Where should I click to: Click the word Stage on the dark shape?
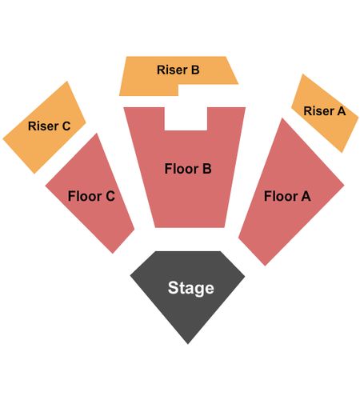tap(191, 288)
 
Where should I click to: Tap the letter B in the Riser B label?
tap(195, 70)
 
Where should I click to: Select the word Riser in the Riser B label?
tap(172, 70)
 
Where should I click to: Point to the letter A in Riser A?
tap(342, 111)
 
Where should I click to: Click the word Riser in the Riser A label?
tap(319, 111)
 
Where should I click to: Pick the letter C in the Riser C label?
tap(66, 126)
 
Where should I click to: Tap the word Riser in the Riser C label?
tap(43, 126)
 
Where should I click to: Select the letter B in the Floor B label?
tap(207, 169)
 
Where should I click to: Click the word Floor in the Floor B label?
tap(182, 169)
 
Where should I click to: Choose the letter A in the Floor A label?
tap(306, 196)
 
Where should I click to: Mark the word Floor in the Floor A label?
tap(281, 196)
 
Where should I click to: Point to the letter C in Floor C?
tap(110, 196)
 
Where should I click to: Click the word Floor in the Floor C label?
tap(85, 196)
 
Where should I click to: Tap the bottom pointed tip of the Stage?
tap(188, 344)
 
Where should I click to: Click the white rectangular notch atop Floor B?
tap(186, 118)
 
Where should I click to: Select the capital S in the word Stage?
tap(173, 287)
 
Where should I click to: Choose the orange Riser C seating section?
tap(44, 128)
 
